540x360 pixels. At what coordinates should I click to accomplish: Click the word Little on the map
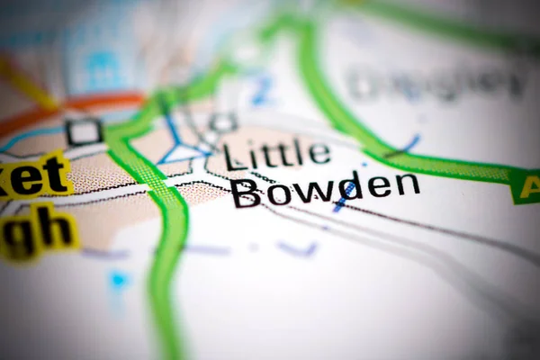pos(276,155)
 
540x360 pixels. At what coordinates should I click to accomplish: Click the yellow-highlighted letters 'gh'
pos(40,230)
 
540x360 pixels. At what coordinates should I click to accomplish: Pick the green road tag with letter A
pos(526,186)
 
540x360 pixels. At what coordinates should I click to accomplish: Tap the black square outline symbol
pos(84,131)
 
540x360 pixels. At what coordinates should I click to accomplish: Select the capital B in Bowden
pos(246,193)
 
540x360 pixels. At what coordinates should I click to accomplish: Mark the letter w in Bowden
pos(306,191)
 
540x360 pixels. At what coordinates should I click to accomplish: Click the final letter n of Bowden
pos(408,184)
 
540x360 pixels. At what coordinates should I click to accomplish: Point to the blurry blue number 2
pos(262,90)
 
